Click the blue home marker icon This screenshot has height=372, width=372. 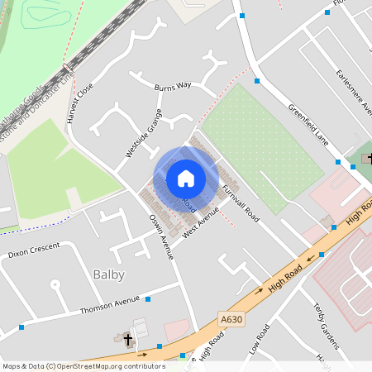186,179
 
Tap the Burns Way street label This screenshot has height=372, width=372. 172,85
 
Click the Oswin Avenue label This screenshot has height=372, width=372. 160,236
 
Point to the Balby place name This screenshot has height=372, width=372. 108,274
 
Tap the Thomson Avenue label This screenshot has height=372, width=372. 109,305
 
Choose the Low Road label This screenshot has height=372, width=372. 259,339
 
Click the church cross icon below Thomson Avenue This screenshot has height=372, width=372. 127,339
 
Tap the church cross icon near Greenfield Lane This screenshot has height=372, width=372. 369,157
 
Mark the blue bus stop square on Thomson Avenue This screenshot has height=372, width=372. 148,299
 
